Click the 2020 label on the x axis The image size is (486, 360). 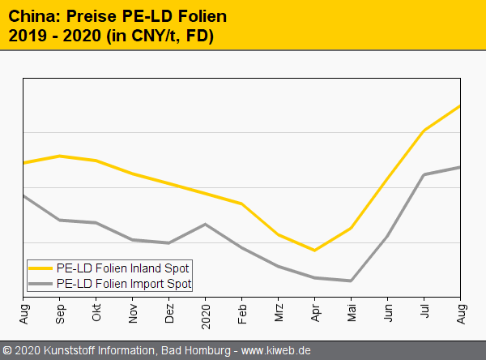[x=206, y=311]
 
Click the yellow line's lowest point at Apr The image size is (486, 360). [x=314, y=251]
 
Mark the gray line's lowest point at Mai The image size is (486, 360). [x=351, y=281]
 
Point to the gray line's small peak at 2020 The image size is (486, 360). [x=206, y=224]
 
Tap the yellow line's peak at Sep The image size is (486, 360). [x=60, y=156]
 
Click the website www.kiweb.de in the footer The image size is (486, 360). [x=276, y=351]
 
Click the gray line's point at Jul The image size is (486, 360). [x=424, y=174]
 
